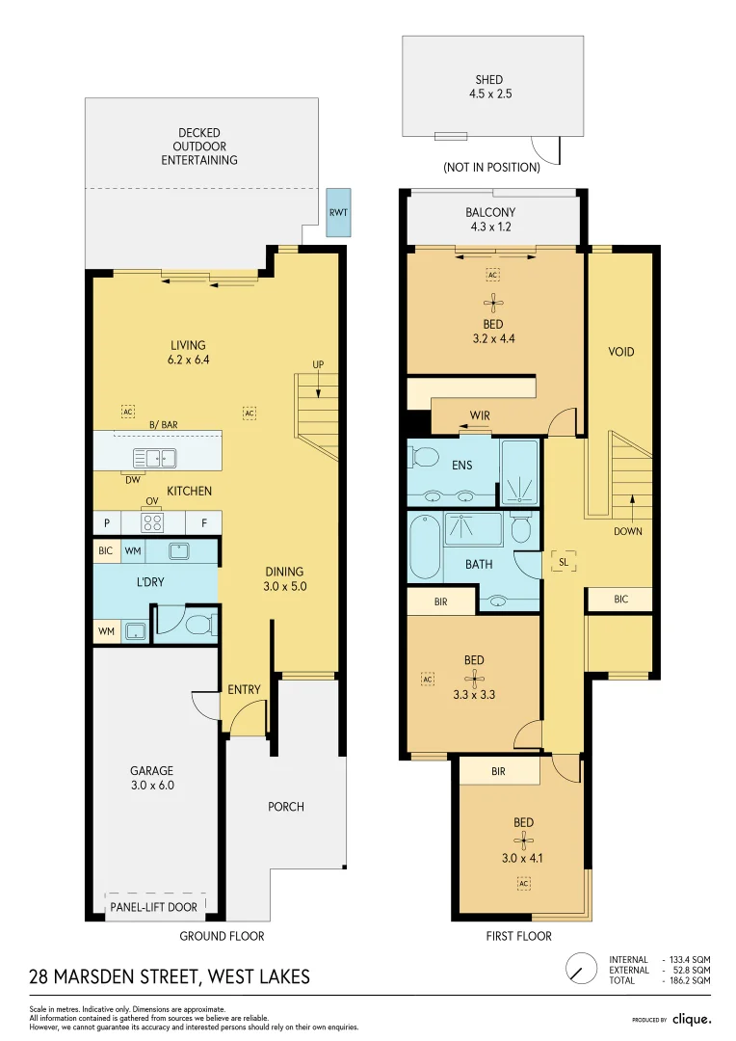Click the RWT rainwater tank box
pyautogui.click(x=338, y=212)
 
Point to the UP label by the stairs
pyautogui.click(x=318, y=364)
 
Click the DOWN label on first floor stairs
pyautogui.click(x=627, y=531)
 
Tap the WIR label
pyautogui.click(x=480, y=415)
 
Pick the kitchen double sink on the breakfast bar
pyautogui.click(x=153, y=458)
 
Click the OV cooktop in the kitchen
pyautogui.click(x=152, y=522)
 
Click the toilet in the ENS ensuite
pyautogui.click(x=425, y=455)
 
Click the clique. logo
pyautogui.click(x=692, y=1019)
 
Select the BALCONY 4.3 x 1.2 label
pyautogui.click(x=490, y=220)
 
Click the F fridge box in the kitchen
pyautogui.click(x=203, y=523)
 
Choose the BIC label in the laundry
pyautogui.click(x=106, y=551)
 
